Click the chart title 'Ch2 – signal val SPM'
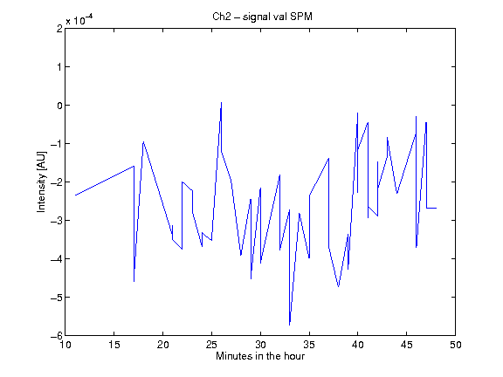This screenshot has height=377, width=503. pos(262,17)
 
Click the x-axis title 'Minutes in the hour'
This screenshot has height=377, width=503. pos(260,356)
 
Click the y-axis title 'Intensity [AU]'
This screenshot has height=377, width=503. pos(42,182)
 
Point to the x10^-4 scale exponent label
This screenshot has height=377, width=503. pos(79,20)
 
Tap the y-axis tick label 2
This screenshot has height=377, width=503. pos(59,29)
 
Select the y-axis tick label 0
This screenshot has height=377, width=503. pos(59,105)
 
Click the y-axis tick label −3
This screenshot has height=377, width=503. pos(57,221)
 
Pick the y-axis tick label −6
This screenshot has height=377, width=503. pos(57,336)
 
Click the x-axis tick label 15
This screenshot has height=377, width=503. pos(114,345)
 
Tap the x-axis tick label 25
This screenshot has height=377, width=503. pos(211,345)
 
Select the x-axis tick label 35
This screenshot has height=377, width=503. pos(309,345)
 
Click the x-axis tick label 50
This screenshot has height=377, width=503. pos(456,345)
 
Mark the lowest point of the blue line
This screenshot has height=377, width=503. pos(289,325)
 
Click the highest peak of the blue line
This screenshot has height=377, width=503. pos(221,102)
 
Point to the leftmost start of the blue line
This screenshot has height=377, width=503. pos(75,195)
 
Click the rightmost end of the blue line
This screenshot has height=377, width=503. pos(437,208)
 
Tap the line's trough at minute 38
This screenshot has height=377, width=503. pos(339,286)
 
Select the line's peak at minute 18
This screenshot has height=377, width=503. pos(143,141)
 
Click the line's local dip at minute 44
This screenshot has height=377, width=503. pos(397,194)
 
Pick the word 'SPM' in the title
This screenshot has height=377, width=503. pos(301,17)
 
